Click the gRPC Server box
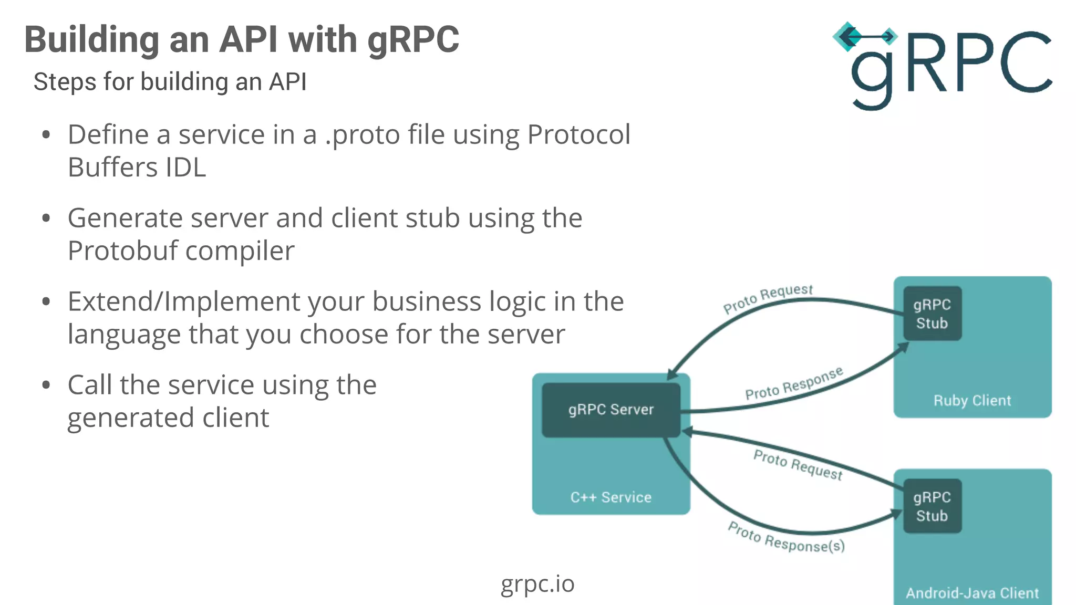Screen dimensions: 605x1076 click(x=611, y=410)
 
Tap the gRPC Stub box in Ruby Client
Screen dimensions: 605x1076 click(x=932, y=314)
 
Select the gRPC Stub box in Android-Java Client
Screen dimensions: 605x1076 click(x=932, y=506)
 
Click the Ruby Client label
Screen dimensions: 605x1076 click(x=972, y=401)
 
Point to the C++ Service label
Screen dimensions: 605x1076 click(x=611, y=497)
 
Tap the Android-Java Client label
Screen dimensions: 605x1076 click(x=972, y=593)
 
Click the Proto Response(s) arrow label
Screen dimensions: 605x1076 click(x=786, y=539)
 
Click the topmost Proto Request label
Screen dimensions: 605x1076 click(x=768, y=299)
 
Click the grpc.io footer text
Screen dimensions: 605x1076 click(x=537, y=584)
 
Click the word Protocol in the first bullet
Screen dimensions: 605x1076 click(x=578, y=134)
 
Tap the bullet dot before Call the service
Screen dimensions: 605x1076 click(x=46, y=385)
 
